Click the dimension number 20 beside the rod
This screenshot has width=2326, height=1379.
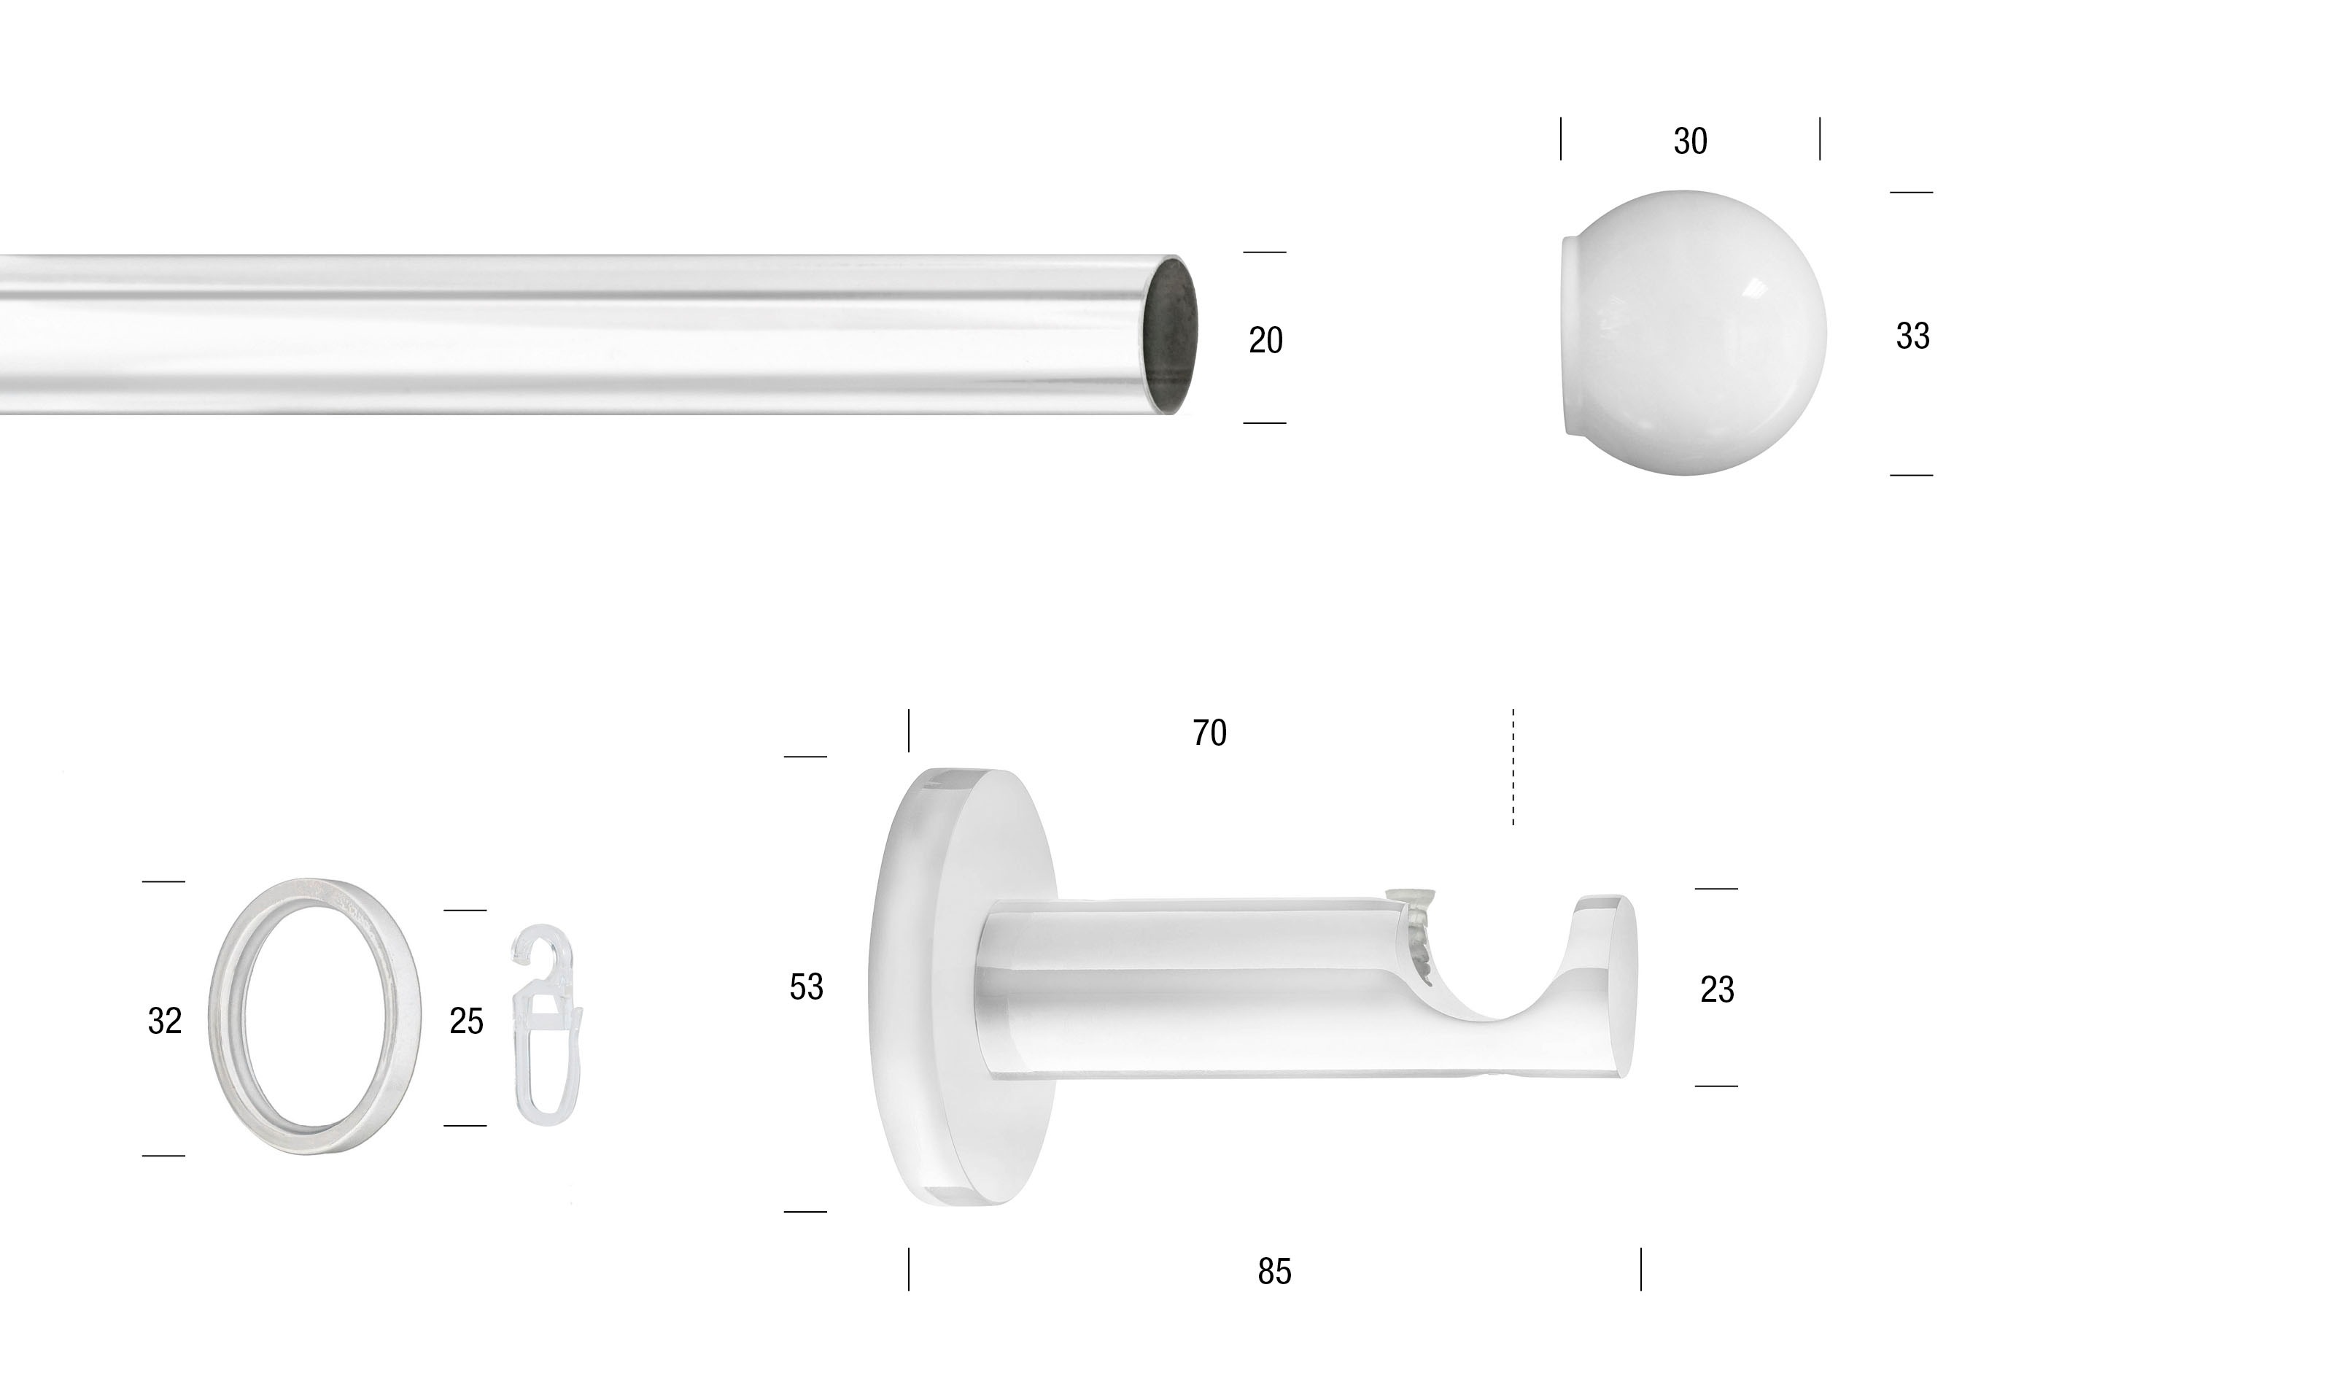tap(1265, 341)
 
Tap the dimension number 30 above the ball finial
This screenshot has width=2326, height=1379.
tap(1690, 142)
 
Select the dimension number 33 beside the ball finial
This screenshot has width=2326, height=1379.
tap(1912, 336)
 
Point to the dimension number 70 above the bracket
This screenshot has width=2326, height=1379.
tap(1209, 733)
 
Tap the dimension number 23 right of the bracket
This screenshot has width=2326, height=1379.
tap(1717, 989)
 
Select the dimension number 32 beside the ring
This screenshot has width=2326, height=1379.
tap(164, 1021)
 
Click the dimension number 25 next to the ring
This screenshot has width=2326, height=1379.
tap(466, 1021)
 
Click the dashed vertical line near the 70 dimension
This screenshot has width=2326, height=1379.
tap(1513, 767)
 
